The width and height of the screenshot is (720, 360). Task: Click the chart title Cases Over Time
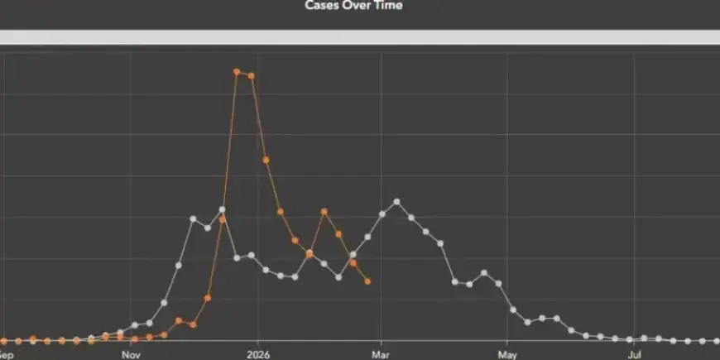click(x=353, y=6)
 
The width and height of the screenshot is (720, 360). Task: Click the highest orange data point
click(x=237, y=72)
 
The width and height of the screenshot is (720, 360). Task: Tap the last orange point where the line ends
click(x=367, y=281)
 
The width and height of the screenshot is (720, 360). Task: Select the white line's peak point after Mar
click(x=397, y=201)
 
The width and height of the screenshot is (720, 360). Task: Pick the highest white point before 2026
click(x=222, y=210)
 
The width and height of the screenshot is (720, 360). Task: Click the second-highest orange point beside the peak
click(x=251, y=75)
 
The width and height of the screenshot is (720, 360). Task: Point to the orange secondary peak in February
click(x=324, y=212)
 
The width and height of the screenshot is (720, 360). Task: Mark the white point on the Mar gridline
click(x=382, y=214)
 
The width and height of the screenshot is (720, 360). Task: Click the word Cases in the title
click(x=322, y=6)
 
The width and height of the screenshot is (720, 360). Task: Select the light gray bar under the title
click(x=360, y=37)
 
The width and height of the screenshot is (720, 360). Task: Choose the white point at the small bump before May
click(x=484, y=273)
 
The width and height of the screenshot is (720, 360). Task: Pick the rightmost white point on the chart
click(x=716, y=340)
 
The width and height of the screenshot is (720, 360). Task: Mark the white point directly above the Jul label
click(x=630, y=339)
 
